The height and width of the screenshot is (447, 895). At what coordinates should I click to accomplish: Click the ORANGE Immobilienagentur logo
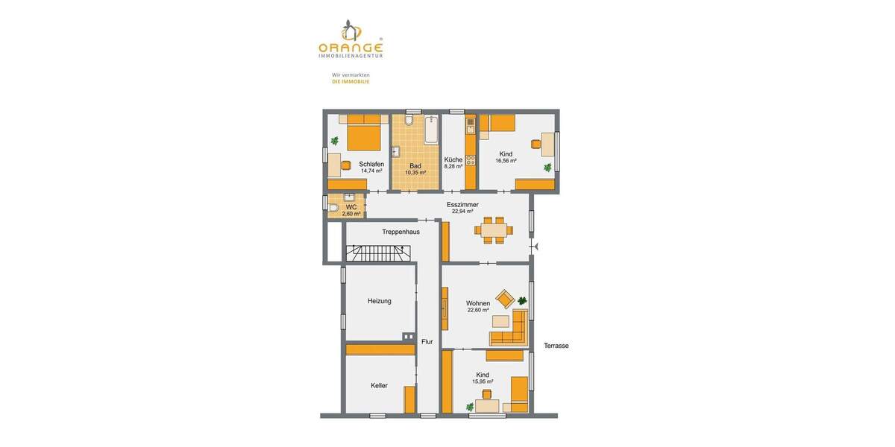[350, 40]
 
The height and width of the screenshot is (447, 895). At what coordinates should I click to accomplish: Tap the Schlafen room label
[371, 164]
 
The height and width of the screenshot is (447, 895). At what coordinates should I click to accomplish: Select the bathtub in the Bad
[432, 130]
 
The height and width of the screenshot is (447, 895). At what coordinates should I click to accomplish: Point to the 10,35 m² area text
[415, 173]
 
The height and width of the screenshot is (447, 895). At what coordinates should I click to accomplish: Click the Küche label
[453, 159]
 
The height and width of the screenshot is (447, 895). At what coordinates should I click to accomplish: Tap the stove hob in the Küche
[471, 159]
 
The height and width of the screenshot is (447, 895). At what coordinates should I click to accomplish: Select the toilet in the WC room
[333, 207]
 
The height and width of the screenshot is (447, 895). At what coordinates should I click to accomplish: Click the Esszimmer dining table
[493, 229]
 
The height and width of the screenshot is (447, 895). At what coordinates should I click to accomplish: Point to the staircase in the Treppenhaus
[380, 253]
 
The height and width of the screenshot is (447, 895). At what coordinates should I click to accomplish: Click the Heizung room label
[380, 301]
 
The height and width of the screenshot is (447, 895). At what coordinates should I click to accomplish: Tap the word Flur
[427, 342]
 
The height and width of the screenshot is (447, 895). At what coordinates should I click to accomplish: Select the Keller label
[380, 385]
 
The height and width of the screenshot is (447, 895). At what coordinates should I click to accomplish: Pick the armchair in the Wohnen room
[505, 299]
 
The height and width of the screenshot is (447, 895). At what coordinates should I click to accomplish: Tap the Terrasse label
[556, 346]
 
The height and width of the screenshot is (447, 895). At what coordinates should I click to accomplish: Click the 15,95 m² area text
[483, 381]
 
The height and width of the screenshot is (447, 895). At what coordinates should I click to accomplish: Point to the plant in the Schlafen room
[335, 139]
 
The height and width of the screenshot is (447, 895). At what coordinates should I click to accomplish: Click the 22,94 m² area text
[462, 212]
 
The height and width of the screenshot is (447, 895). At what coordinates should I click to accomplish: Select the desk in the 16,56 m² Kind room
[548, 142]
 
